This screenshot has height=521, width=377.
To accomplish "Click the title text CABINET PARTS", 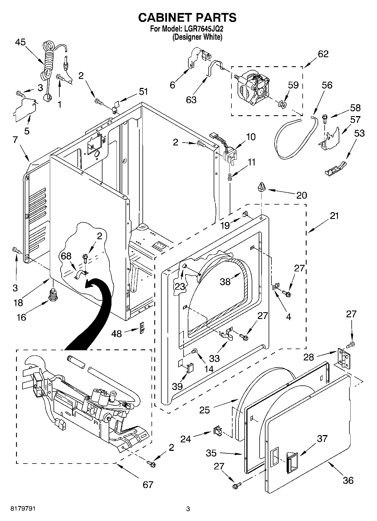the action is (x=187, y=17).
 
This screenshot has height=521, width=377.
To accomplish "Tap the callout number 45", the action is (x=20, y=42).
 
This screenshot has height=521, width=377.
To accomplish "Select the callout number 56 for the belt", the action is (x=327, y=85).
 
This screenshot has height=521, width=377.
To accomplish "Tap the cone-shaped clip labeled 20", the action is (x=262, y=187).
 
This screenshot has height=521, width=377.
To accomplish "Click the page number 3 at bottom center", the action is (x=188, y=509).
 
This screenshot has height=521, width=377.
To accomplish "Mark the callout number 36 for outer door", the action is (x=348, y=480).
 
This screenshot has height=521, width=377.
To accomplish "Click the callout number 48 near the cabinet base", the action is (x=117, y=334).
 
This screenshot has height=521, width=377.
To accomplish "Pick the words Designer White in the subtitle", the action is (x=197, y=37).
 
